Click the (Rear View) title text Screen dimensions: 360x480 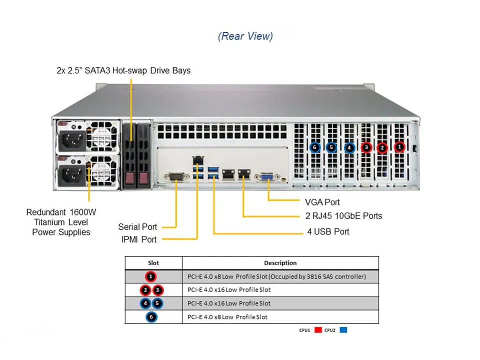tap(245, 36)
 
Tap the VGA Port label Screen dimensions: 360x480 tap(322, 202)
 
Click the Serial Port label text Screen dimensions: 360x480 tap(137, 227)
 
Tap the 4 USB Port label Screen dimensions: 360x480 tap(328, 231)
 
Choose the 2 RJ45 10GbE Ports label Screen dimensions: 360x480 tap(343, 216)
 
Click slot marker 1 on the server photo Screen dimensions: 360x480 tap(399, 147)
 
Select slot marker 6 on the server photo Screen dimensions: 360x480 tap(314, 147)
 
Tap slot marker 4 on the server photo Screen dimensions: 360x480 tap(349, 147)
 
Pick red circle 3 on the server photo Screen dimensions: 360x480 tap(366, 147)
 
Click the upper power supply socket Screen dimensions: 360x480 tap(70, 141)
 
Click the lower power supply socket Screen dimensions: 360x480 tap(70, 175)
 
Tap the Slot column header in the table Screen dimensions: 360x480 tap(153, 262)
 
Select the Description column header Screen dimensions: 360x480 tap(280, 262)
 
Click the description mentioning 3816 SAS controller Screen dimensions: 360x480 tap(276, 276)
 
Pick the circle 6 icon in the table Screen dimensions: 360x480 tap(151, 317)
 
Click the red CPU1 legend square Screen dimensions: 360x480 tap(318, 330)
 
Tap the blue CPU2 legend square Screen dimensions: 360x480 tap(343, 330)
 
